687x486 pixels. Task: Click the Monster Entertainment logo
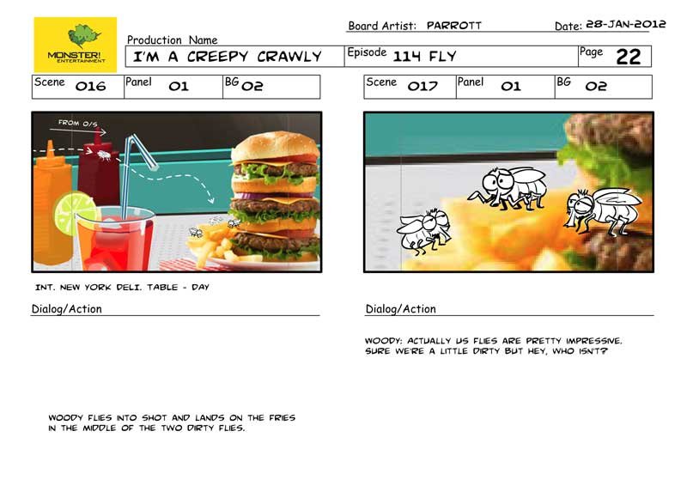coord(76,45)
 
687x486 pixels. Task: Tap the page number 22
coord(629,57)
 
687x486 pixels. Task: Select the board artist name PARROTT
coord(454,26)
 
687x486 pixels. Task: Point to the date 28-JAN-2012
coord(626,24)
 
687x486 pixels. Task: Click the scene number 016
coord(91,86)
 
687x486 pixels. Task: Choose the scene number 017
coord(423,86)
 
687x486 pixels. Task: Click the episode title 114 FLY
coord(424,57)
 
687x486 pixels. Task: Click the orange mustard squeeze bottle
coord(52,202)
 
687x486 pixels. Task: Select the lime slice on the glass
coord(74,213)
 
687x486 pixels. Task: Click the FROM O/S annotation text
coord(78,123)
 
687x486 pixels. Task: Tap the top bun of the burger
coord(275,145)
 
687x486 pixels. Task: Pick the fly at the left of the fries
coord(423,231)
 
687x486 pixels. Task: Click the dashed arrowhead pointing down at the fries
coord(210,199)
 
